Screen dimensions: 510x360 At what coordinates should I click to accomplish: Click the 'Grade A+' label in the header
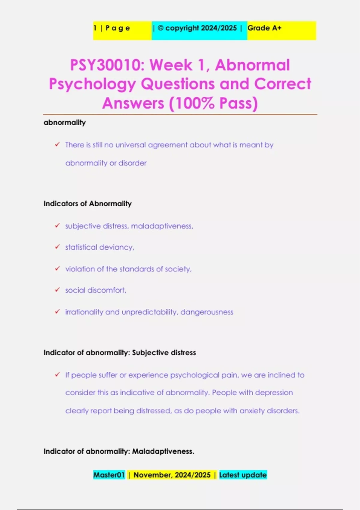click(x=264, y=28)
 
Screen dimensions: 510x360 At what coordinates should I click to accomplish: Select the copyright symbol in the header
click(x=160, y=28)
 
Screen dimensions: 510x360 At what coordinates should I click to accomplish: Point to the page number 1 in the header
click(x=95, y=28)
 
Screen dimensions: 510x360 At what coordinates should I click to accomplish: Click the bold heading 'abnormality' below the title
click(x=65, y=122)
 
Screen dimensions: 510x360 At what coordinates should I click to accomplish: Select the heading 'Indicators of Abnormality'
click(x=88, y=204)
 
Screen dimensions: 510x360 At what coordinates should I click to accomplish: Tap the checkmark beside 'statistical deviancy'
click(x=57, y=247)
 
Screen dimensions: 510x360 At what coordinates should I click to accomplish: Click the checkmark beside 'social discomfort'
click(x=57, y=290)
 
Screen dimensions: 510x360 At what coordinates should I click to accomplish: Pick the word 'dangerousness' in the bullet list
click(x=207, y=312)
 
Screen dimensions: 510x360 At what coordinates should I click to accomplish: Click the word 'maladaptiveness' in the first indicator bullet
click(x=162, y=226)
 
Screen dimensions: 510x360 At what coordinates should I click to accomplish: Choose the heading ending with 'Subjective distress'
click(x=120, y=352)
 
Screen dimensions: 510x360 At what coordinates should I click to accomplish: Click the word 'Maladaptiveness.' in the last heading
click(x=163, y=451)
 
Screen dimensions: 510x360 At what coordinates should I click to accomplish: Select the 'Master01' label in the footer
click(x=109, y=475)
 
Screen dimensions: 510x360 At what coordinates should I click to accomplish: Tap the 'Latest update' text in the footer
click(x=243, y=475)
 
